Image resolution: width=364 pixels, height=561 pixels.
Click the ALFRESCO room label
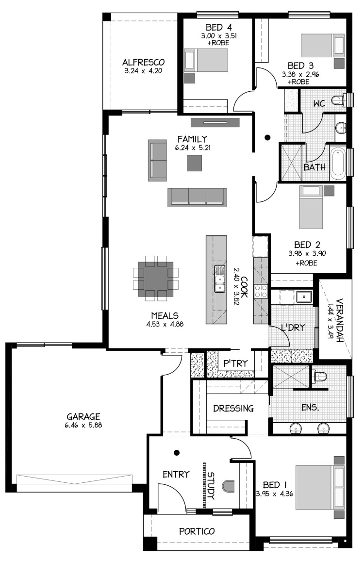click(143, 62)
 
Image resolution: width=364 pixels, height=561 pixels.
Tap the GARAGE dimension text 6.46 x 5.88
click(83, 426)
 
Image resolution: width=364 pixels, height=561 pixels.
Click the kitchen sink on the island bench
click(219, 279)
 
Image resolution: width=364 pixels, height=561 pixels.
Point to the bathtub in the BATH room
click(337, 164)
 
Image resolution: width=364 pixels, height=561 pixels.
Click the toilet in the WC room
click(339, 100)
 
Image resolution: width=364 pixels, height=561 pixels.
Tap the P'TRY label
click(235, 363)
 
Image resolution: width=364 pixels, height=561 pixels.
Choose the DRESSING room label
click(233, 408)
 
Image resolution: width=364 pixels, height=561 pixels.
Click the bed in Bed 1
click(320, 487)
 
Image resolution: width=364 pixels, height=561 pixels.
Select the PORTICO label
click(197, 531)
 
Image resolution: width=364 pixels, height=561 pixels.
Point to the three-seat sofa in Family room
click(197, 198)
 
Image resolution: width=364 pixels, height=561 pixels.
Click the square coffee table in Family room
click(194, 163)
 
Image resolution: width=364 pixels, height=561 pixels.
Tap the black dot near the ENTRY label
click(177, 453)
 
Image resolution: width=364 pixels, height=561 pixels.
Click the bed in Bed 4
click(206, 60)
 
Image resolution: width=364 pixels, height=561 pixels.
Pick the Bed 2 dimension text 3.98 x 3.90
click(307, 254)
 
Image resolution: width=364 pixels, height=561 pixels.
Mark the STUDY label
click(211, 485)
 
